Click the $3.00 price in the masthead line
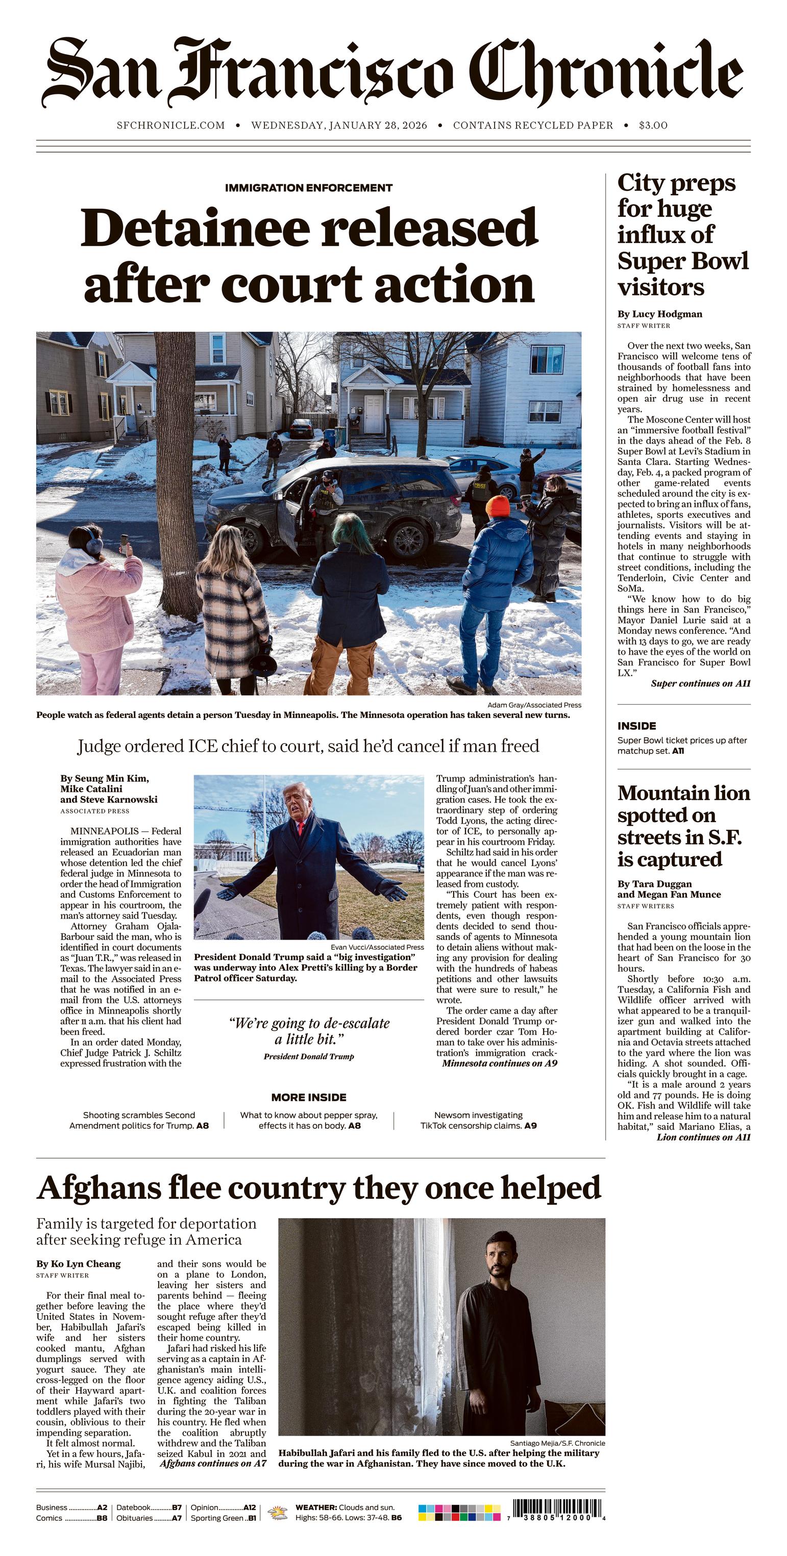pyautogui.click(x=653, y=125)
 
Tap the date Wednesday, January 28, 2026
pyautogui.click(x=339, y=125)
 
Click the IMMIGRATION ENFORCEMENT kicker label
pyautogui.click(x=309, y=188)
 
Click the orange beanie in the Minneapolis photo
pyautogui.click(x=498, y=506)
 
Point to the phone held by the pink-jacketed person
pyautogui.click(x=125, y=541)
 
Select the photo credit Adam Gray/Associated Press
pyautogui.click(x=534, y=705)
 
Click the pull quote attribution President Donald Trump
pyautogui.click(x=309, y=1056)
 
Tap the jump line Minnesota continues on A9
pyautogui.click(x=500, y=1063)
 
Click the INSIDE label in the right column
pyautogui.click(x=636, y=726)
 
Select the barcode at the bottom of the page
pyautogui.click(x=557, y=1508)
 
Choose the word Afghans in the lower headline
pyautogui.click(x=98, y=1188)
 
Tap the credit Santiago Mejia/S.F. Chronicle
pyautogui.click(x=557, y=1443)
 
